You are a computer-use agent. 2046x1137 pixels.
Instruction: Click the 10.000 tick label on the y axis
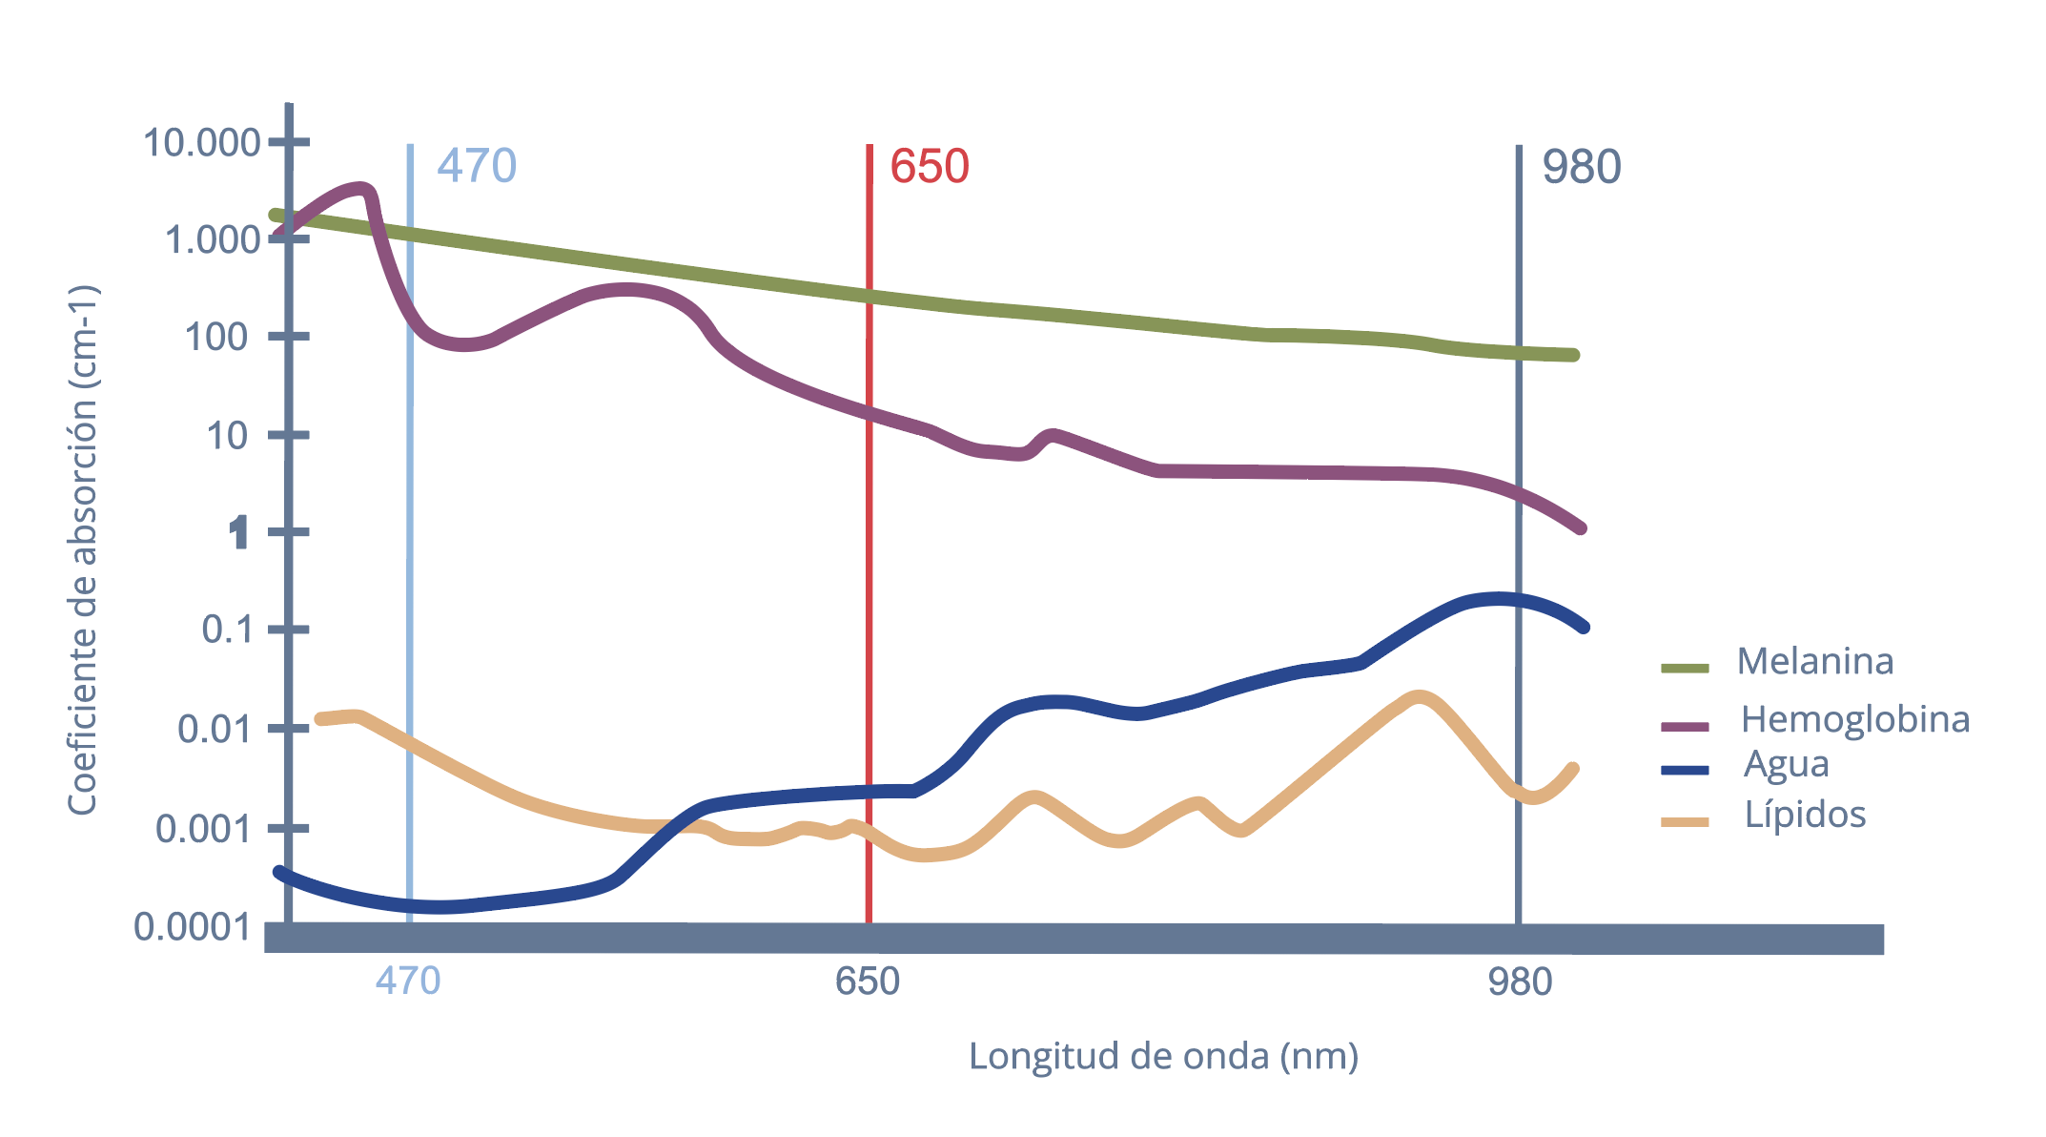201,143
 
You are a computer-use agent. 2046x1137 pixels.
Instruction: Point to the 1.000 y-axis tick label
212,239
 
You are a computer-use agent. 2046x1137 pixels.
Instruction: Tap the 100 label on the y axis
216,337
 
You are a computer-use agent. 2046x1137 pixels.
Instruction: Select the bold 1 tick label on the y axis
238,532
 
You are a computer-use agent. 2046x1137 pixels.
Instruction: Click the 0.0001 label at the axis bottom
194,927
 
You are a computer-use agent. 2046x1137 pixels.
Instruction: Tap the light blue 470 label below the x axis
408,981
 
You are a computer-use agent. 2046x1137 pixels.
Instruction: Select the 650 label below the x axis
867,981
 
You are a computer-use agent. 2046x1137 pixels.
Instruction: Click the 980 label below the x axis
1520,981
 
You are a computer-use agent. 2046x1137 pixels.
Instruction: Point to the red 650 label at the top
930,167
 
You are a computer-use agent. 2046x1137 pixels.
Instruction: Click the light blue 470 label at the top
477,166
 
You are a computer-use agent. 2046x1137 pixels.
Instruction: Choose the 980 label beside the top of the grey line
1582,168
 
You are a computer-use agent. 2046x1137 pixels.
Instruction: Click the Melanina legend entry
1814,661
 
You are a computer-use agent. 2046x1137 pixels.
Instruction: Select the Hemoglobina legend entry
1854,719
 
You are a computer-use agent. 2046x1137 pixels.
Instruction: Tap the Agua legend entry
1786,764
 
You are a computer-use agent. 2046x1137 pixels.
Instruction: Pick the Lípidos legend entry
1805,815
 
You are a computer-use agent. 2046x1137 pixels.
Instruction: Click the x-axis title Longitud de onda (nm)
1163,1057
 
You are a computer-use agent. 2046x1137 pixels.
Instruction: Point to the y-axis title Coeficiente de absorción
83,550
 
